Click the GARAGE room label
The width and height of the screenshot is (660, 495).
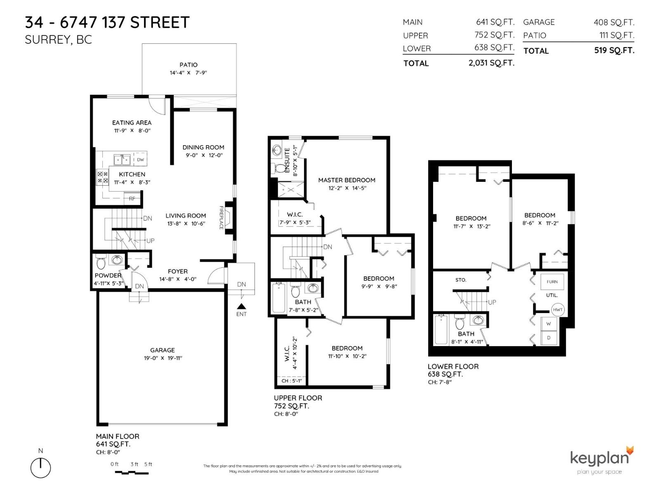pyautogui.click(x=162, y=350)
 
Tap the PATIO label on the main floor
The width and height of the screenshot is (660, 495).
pyautogui.click(x=188, y=65)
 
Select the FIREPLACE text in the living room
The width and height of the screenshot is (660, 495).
pyautogui.click(x=221, y=218)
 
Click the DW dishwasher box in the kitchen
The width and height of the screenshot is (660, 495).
pyautogui.click(x=140, y=160)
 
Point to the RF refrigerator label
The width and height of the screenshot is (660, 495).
pyautogui.click(x=132, y=198)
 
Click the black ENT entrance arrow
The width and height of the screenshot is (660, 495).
pyautogui.click(x=242, y=306)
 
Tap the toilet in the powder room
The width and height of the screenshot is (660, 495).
pyautogui.click(x=101, y=262)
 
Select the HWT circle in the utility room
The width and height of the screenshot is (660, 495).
pyautogui.click(x=558, y=310)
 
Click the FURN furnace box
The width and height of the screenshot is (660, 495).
pyautogui.click(x=552, y=282)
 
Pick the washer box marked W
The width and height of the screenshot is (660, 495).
pyautogui.click(x=549, y=324)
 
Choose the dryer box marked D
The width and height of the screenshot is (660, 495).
pyautogui.click(x=549, y=338)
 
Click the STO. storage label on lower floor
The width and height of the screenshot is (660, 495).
pyautogui.click(x=461, y=280)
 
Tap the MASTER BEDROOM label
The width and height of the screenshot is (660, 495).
pyautogui.click(x=346, y=180)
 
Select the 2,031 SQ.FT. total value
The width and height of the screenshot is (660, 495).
pyautogui.click(x=491, y=63)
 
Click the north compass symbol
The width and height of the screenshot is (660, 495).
pyautogui.click(x=40, y=468)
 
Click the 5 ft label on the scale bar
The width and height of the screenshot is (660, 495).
pyautogui.click(x=148, y=464)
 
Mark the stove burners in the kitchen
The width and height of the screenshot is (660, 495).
pyautogui.click(x=102, y=177)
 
